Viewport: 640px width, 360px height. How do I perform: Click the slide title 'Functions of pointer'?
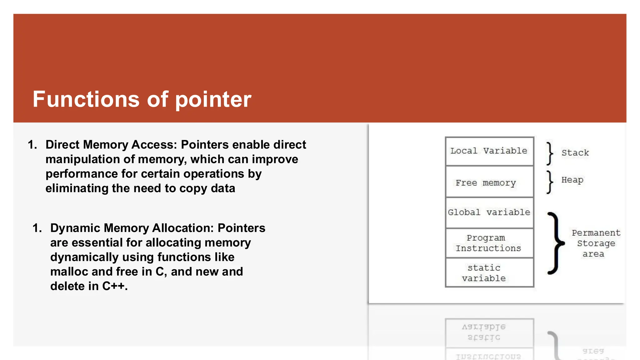click(142, 99)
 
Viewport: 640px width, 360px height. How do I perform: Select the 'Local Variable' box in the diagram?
click(489, 151)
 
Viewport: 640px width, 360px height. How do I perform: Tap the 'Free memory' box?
click(489, 182)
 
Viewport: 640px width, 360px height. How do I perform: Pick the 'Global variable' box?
click(489, 212)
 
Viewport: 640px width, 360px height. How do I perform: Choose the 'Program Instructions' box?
click(489, 243)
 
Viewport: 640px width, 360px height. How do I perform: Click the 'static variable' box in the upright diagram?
click(489, 273)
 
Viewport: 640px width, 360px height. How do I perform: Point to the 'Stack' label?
click(575, 153)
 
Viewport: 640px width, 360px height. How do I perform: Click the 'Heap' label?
click(572, 180)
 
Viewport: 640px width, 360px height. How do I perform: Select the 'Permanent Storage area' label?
click(596, 243)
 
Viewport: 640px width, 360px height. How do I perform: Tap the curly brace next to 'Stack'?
click(550, 153)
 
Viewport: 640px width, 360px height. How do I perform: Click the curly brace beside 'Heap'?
click(550, 182)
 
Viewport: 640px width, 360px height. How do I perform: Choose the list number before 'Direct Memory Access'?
click(32, 145)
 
